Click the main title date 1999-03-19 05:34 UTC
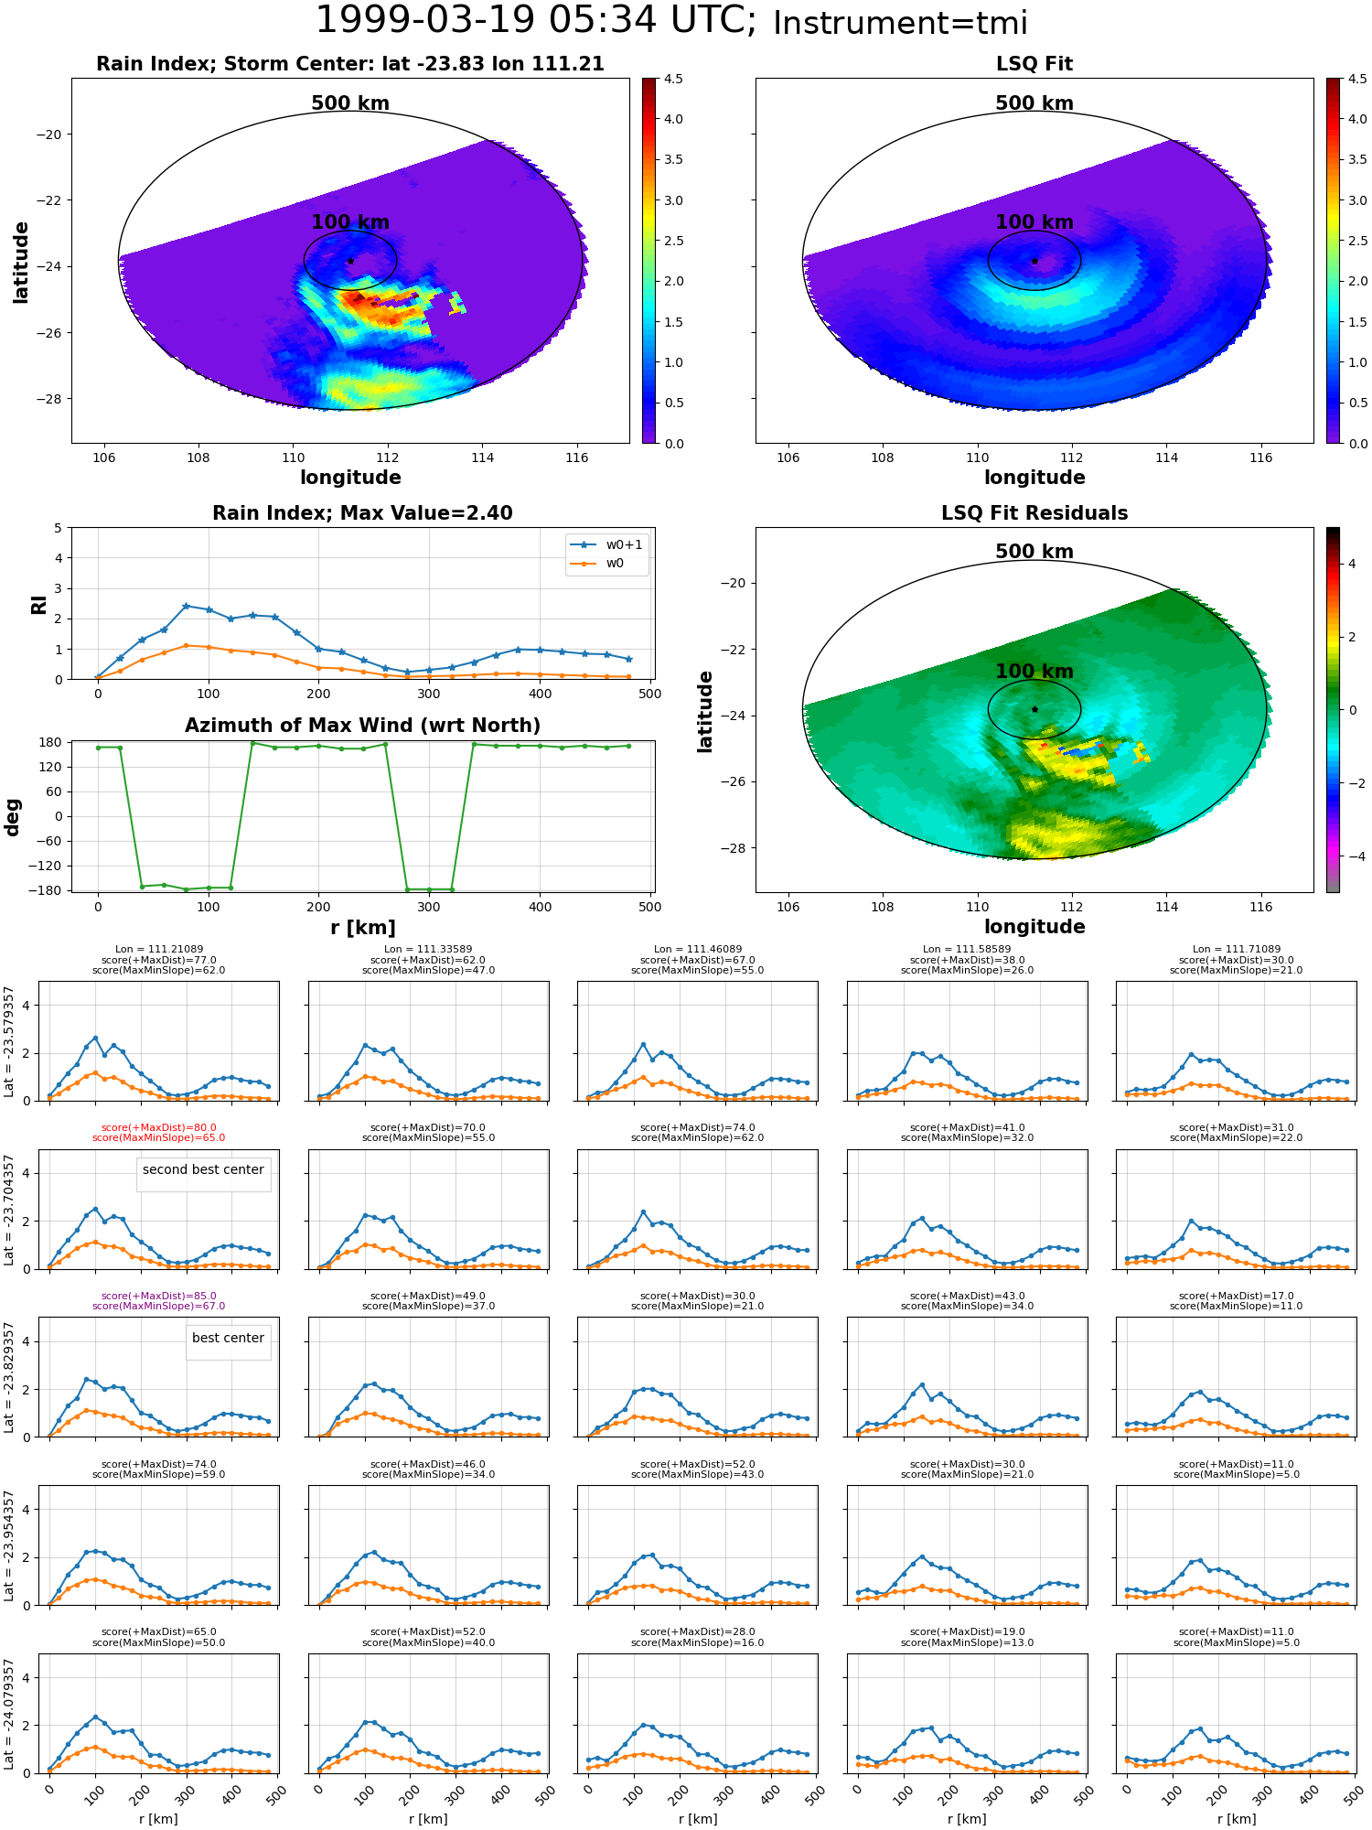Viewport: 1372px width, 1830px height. [535, 21]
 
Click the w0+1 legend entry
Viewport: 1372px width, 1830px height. [606, 544]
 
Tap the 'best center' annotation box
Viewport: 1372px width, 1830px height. [228, 1338]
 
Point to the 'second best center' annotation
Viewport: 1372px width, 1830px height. [203, 1169]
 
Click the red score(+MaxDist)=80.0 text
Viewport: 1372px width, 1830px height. [158, 1127]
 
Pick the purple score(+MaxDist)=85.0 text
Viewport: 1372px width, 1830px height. [158, 1296]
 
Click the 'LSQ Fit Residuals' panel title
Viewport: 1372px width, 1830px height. [1034, 513]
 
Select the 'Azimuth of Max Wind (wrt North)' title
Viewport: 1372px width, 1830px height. [362, 726]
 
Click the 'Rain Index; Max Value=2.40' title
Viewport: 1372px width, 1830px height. [362, 513]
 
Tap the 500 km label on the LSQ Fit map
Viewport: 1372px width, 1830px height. [1034, 103]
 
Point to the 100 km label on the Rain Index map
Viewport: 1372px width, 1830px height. [350, 222]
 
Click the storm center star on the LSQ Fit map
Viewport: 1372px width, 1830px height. [1034, 261]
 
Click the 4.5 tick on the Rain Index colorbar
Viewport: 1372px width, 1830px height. [673, 79]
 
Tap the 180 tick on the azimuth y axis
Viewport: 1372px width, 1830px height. [52, 742]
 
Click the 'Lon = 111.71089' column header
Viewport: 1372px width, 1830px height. [1237, 950]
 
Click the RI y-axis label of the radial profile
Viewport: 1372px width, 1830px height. [38, 605]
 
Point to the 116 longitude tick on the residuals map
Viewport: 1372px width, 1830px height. [1261, 907]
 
